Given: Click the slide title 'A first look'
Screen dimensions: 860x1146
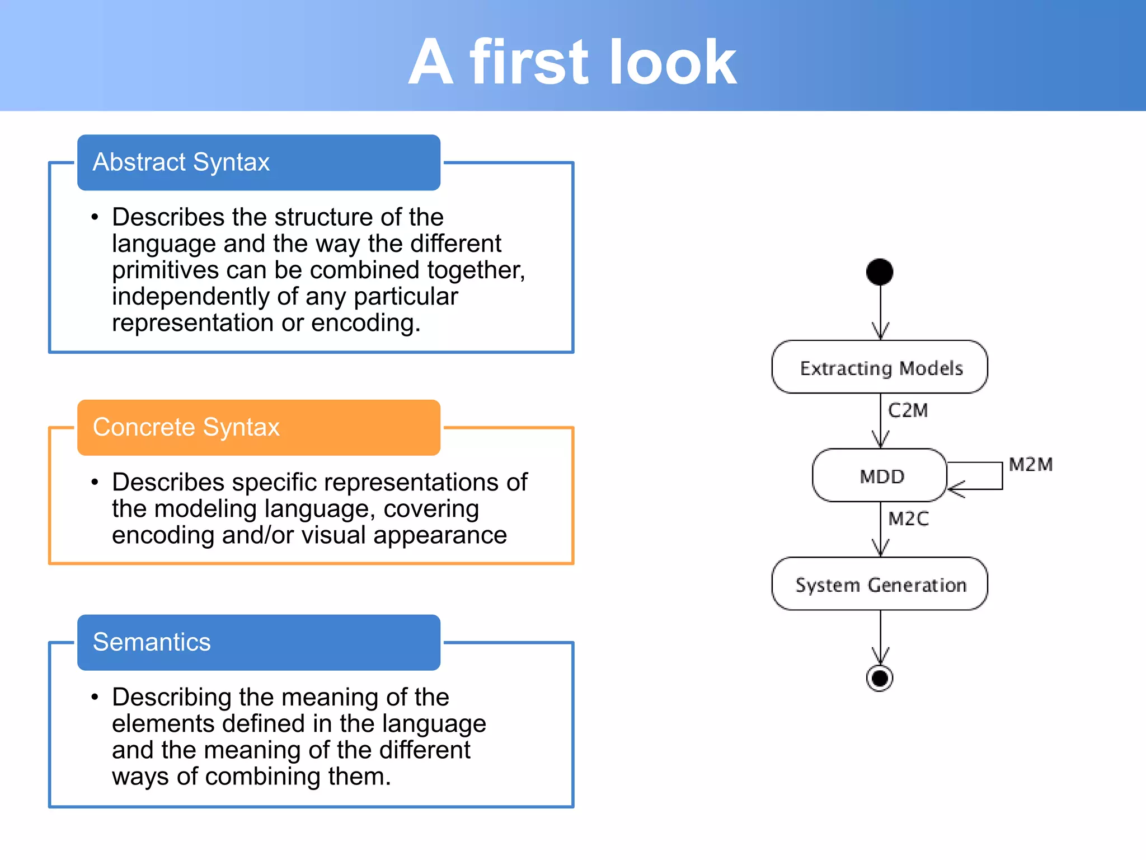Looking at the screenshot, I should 572,62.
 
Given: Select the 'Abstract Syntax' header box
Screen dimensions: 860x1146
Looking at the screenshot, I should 259,162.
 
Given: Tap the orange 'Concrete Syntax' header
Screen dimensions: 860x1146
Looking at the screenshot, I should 259,427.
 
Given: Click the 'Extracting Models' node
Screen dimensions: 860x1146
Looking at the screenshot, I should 880,367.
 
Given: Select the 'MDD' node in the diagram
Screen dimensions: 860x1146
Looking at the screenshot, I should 880,476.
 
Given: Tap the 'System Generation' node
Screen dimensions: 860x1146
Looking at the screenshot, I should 880,584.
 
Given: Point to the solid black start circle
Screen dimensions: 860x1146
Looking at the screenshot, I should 880,272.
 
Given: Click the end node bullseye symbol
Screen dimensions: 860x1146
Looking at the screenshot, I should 880,678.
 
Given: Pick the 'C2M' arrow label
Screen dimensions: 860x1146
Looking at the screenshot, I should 908,410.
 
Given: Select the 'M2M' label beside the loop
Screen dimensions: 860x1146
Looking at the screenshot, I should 1030,465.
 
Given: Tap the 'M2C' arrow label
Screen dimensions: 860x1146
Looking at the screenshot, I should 908,519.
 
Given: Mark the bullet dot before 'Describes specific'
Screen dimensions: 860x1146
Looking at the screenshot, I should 95,482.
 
